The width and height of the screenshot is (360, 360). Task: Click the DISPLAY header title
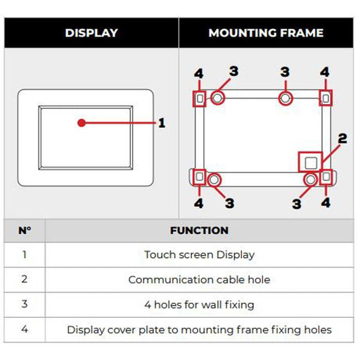pos(91,33)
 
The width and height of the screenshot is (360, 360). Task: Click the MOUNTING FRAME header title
pos(266,33)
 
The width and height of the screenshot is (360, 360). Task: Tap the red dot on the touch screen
pos(82,122)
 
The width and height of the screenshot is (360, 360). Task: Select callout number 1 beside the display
pos(162,123)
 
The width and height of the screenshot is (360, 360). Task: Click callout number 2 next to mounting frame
pos(342,139)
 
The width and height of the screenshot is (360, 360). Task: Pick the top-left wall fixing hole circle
pos(217,98)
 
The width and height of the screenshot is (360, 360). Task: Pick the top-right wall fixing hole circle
pos(285,98)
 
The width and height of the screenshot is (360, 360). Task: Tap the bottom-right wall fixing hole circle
pos(309,180)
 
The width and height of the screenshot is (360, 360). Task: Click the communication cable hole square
pos(310,162)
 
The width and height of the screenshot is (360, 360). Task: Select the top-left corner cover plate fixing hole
pos(200,98)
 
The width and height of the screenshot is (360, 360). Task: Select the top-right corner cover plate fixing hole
pos(326,98)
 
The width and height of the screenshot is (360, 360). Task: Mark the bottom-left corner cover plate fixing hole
pos(200,176)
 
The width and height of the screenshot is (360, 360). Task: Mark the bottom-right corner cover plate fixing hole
pos(326,176)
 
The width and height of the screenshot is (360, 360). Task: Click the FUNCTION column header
pos(199,231)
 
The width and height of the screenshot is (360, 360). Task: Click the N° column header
pos(25,231)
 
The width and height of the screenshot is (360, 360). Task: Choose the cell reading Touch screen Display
pos(199,255)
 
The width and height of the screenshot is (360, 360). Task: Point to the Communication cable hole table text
pos(199,280)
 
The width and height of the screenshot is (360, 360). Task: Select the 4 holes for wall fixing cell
pos(199,304)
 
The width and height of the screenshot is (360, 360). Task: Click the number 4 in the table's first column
pos(25,329)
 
